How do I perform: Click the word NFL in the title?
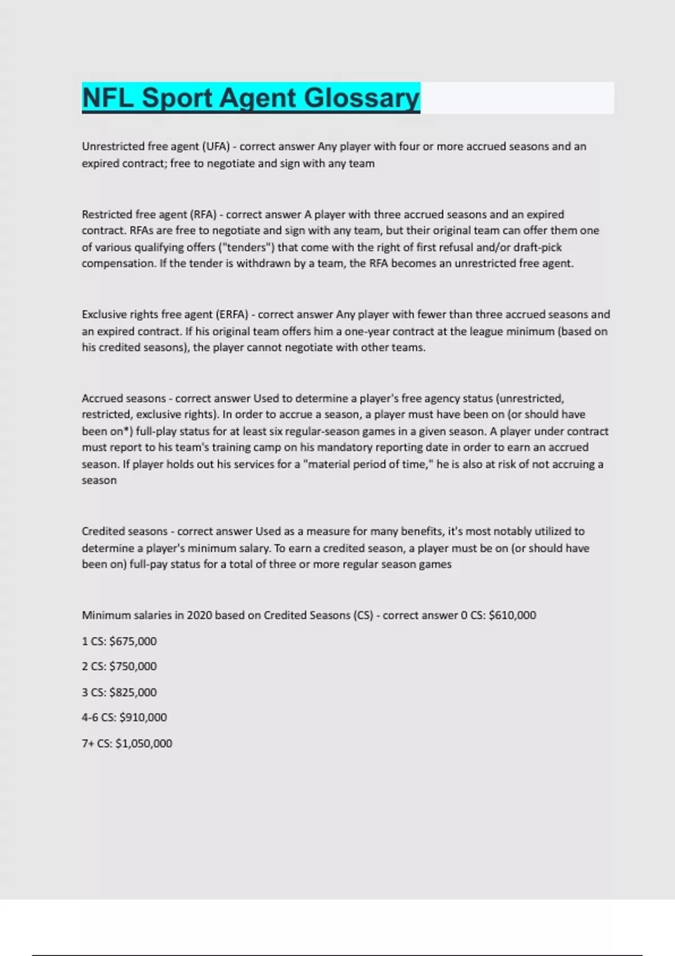coord(107,98)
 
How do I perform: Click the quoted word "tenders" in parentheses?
coord(246,247)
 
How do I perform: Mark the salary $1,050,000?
coord(143,743)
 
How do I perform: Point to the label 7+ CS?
coord(96,743)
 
